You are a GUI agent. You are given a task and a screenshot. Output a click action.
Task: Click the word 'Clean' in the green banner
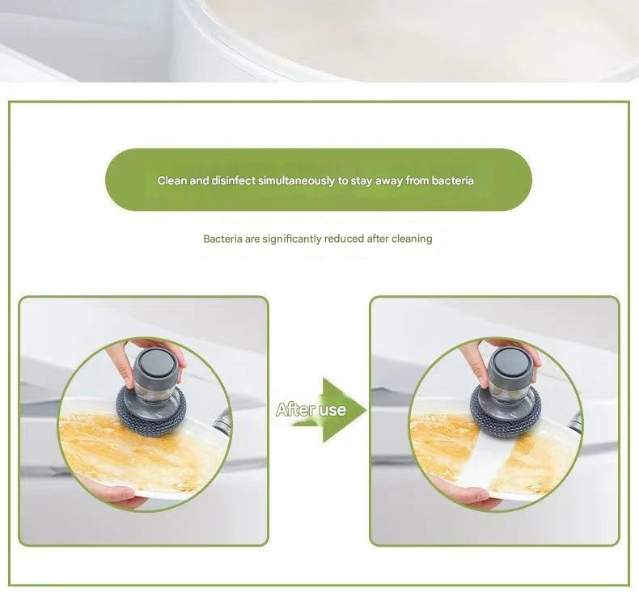pos(172,180)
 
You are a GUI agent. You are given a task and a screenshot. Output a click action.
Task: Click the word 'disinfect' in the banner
pos(233,180)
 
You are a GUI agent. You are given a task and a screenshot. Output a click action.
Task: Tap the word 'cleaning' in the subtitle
pos(412,239)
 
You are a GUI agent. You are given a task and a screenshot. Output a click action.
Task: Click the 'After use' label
pos(311,410)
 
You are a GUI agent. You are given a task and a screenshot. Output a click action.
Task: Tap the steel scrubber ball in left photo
pos(152,408)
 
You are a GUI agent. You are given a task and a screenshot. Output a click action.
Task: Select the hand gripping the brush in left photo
pos(121,359)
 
